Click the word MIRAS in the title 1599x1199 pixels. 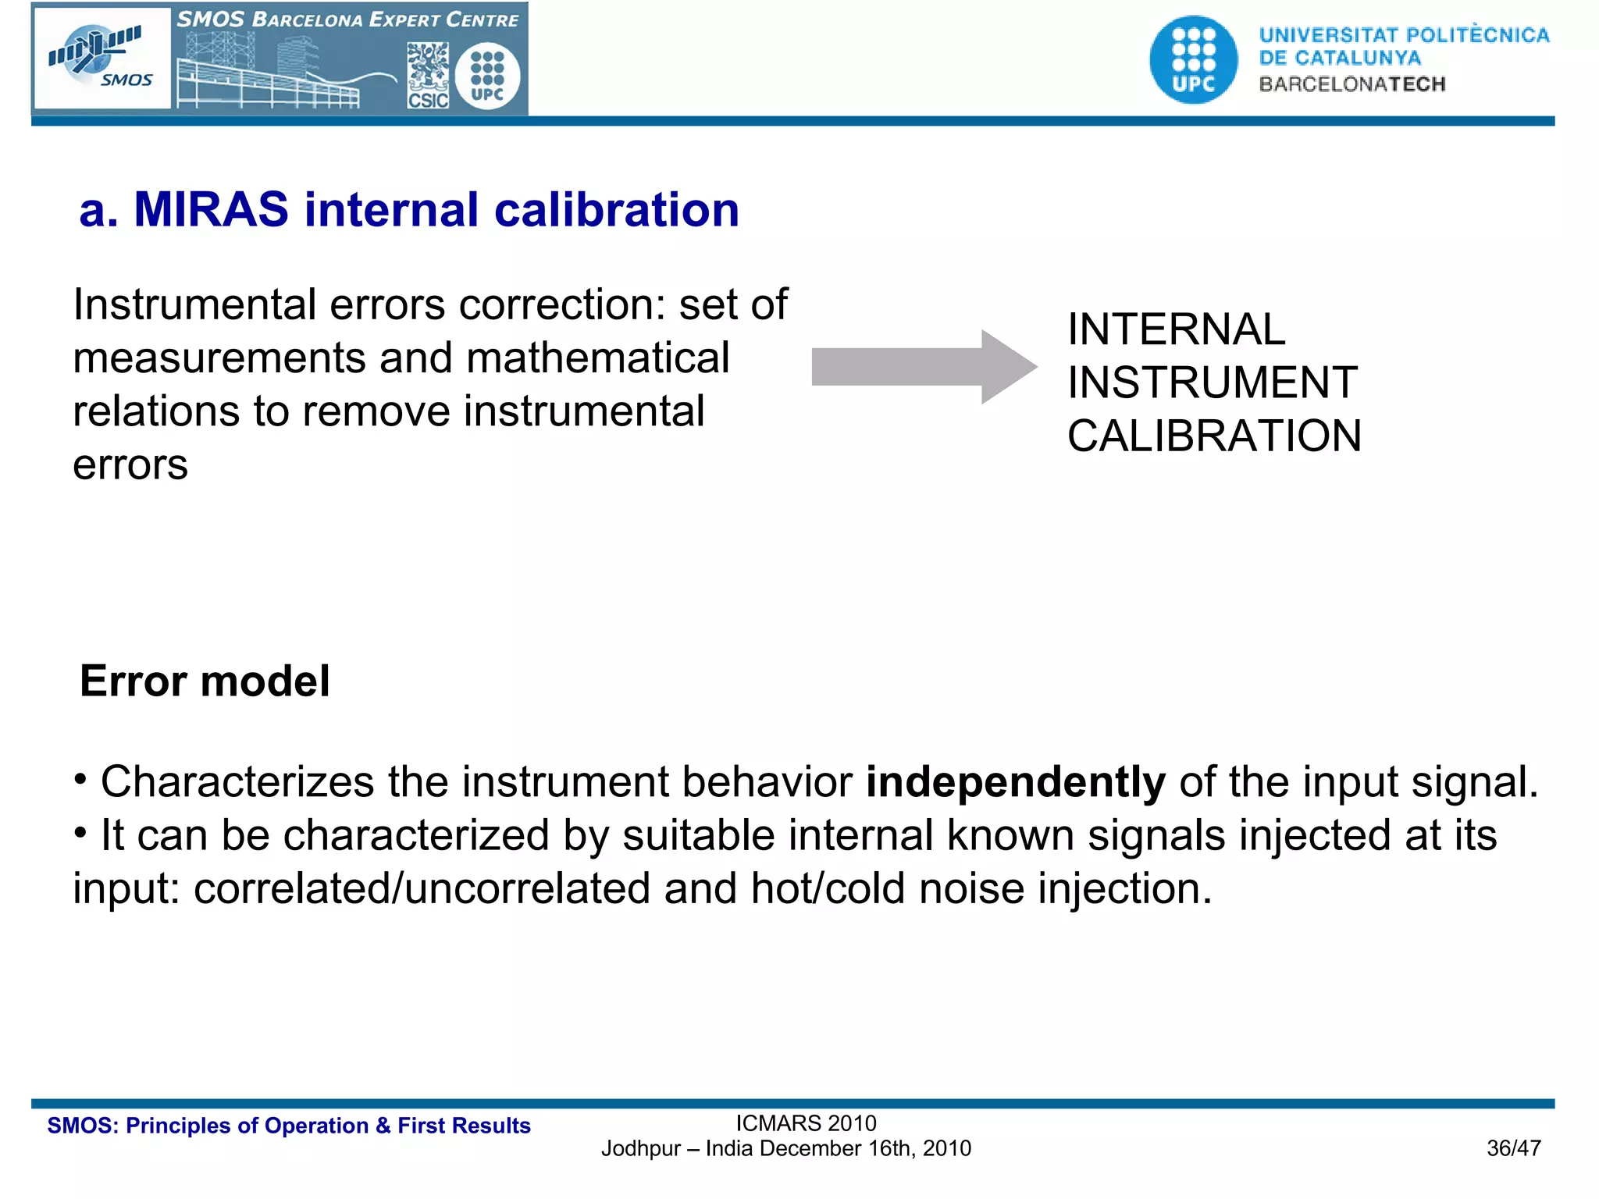pos(211,210)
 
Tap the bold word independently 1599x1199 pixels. pos(1015,782)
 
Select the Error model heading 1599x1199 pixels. pos(205,681)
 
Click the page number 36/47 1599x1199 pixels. pos(1513,1148)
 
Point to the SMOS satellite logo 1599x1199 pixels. pos(101,58)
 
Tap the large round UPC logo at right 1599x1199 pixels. pos(1193,60)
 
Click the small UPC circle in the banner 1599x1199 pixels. pos(488,76)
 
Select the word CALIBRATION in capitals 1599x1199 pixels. pos(1214,436)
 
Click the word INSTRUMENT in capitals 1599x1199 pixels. pos(1212,382)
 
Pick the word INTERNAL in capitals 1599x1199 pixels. pos(1176,329)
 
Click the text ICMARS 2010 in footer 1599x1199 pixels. pos(806,1123)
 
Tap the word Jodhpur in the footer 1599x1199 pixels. pos(640,1148)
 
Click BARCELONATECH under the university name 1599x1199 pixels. pos(1351,84)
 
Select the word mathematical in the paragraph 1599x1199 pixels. pos(597,358)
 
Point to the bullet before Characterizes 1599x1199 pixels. pos(80,779)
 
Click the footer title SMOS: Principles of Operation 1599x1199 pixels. pos(289,1126)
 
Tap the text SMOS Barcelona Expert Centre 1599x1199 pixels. pos(347,20)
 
